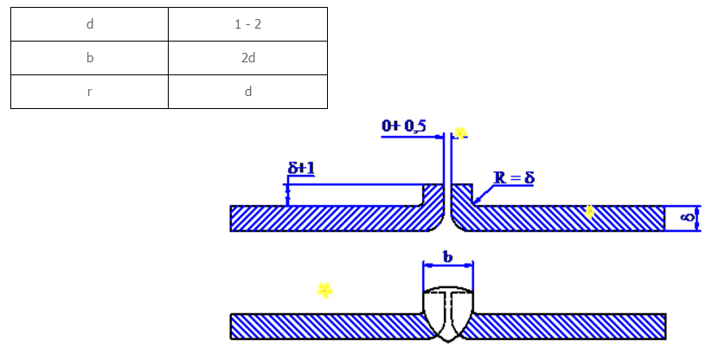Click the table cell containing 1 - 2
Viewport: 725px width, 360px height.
tap(247, 24)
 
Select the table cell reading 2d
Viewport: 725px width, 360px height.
tap(247, 58)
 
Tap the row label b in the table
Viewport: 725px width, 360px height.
tap(90, 58)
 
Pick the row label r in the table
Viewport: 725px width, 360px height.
tap(89, 92)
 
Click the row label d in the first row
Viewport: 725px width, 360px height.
tap(90, 24)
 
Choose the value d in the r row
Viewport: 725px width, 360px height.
tap(247, 92)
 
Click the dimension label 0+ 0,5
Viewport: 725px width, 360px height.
tap(404, 125)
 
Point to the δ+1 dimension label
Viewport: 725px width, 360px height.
tap(301, 168)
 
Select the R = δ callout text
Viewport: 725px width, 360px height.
tap(514, 177)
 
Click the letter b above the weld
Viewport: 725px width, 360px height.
tap(447, 257)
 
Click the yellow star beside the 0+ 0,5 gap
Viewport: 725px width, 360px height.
tap(460, 134)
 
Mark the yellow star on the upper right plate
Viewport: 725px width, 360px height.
tap(589, 212)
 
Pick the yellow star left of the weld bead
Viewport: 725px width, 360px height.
tap(324, 291)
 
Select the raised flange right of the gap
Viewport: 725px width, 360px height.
tap(461, 196)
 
